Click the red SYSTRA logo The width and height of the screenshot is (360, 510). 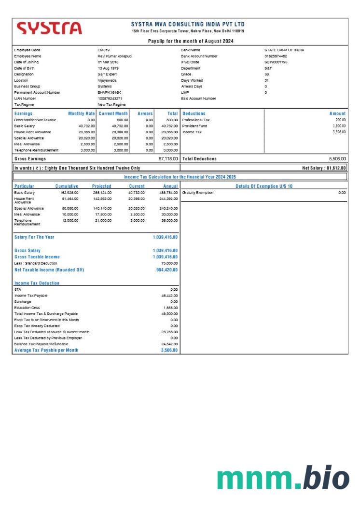pos(49,28)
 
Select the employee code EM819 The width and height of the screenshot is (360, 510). pos(104,50)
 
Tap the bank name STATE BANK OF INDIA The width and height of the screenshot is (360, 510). pos(284,50)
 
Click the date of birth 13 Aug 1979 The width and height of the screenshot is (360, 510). pos(109,68)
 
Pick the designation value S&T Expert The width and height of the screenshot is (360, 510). pos(108,74)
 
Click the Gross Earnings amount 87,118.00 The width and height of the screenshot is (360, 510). pos(168,158)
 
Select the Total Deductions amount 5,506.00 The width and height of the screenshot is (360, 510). pos(337,158)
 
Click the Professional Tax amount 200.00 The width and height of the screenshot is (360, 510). pos(341,120)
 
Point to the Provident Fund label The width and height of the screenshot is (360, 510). pos(194,126)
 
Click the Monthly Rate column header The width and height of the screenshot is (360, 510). pos(82,113)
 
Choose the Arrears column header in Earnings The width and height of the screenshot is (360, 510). pos(145,113)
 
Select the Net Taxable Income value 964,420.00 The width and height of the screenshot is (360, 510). pos(166,270)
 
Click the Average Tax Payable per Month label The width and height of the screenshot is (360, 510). pos(46,350)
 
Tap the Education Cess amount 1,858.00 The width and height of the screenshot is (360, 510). pos(170,308)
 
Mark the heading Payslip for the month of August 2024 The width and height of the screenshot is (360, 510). pos(191,41)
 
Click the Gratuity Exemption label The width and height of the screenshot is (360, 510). pos(197,193)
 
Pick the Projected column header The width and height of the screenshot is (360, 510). pos(101,186)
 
